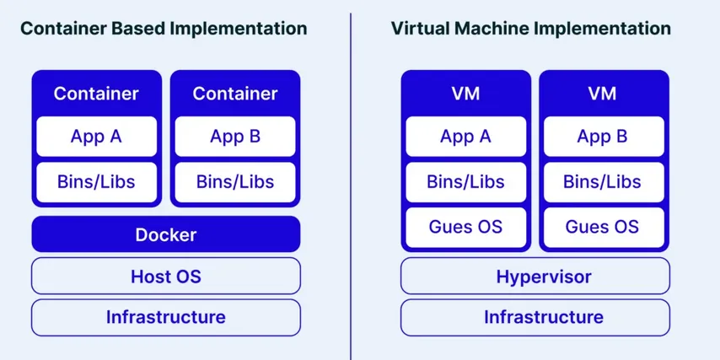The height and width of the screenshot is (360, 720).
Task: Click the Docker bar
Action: [165, 234]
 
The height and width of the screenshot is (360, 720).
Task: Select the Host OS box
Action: [165, 276]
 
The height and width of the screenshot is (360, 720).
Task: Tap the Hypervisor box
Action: [535, 276]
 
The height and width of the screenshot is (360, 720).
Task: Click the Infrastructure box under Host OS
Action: [165, 317]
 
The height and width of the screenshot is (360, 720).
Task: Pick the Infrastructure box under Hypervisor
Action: [535, 317]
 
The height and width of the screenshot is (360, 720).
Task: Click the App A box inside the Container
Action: [96, 137]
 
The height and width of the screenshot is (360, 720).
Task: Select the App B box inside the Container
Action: [234, 137]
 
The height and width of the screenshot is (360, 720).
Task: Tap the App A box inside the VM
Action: [465, 137]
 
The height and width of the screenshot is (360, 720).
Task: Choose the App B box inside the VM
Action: [602, 137]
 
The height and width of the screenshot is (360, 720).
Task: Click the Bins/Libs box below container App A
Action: [96, 181]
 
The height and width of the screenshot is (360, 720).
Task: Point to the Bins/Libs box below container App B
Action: [234, 181]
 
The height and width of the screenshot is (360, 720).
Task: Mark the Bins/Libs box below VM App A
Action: [465, 181]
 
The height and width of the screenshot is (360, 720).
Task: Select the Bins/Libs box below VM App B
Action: [602, 181]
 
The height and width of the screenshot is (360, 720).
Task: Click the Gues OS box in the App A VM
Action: [465, 227]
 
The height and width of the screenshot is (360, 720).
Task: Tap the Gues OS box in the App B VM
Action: [602, 227]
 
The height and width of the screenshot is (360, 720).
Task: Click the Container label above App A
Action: [96, 93]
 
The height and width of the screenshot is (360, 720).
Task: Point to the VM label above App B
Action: [602, 93]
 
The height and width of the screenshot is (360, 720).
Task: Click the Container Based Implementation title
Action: [164, 28]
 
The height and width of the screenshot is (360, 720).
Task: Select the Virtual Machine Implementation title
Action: [531, 28]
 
